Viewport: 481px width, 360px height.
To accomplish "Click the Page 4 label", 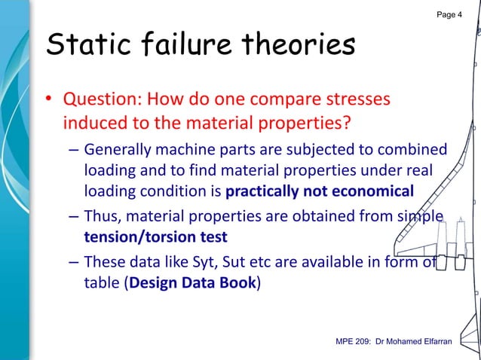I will [449, 15].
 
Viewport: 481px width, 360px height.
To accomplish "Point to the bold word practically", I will [260, 190].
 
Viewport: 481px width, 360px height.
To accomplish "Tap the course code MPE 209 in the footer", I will [354, 343].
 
